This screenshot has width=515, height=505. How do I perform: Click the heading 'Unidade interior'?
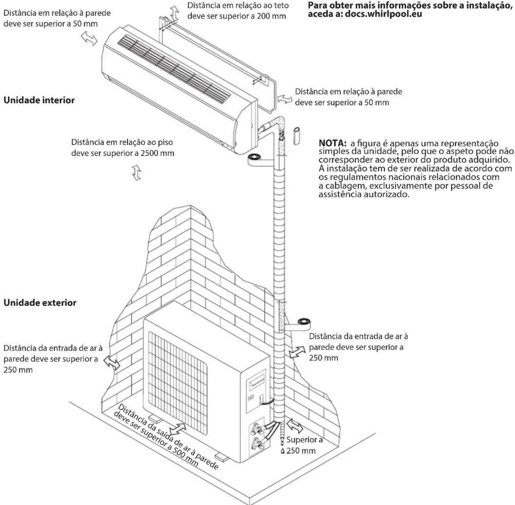tap(39, 100)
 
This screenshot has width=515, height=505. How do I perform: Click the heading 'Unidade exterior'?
tap(40, 303)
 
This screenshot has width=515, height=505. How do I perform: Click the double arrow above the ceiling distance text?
tap(175, 13)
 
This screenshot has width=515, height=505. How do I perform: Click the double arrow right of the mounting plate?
tap(285, 98)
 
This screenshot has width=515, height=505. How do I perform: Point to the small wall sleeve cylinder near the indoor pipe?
tap(296, 136)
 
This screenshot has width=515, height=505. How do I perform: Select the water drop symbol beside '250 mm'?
tap(283, 451)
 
